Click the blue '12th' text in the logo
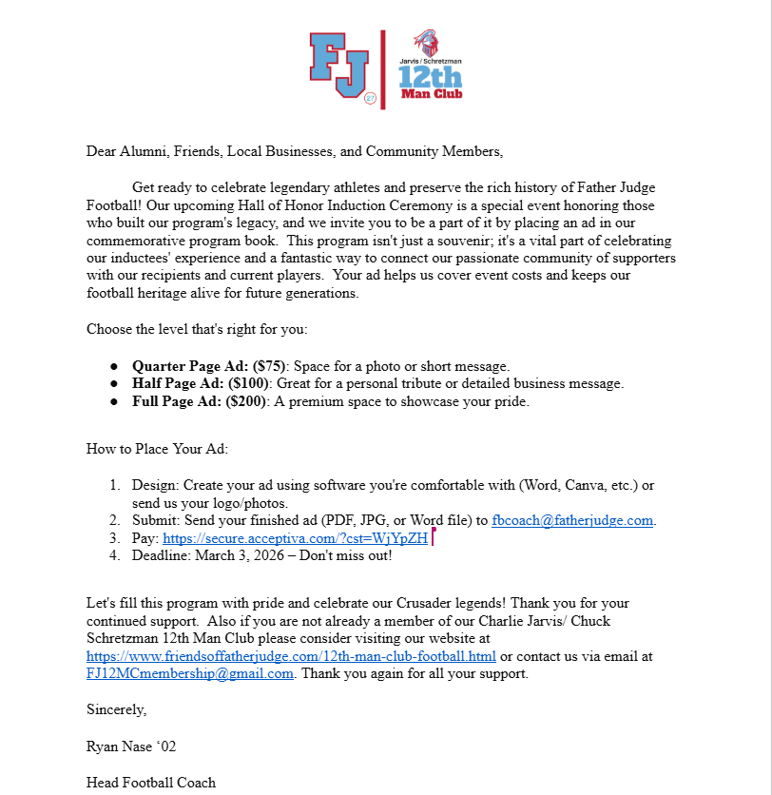pos(430,76)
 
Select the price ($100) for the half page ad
pos(248,384)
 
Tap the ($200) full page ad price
pos(245,401)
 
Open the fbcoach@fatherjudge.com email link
pos(572,520)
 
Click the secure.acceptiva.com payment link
pos(295,538)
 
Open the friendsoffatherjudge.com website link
pos(291,656)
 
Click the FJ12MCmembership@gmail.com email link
pos(190,674)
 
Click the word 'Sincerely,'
pos(117,709)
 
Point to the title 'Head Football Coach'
pos(151,783)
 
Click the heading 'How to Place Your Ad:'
pos(157,448)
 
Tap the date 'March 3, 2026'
pos(241,556)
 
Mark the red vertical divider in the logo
pos(383,68)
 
